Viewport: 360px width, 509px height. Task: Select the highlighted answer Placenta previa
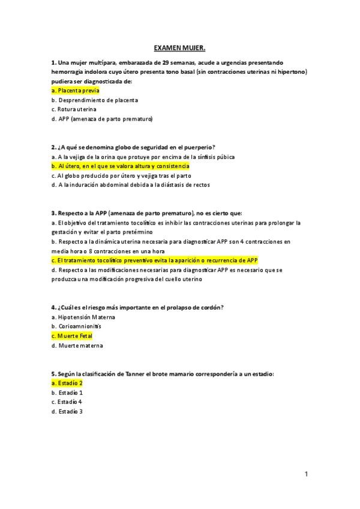coord(76,91)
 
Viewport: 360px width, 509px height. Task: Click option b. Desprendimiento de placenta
coord(95,100)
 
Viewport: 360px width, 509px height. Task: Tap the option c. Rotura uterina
coord(74,109)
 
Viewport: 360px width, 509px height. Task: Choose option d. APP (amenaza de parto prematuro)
coord(102,119)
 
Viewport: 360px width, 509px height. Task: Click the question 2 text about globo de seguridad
coord(134,147)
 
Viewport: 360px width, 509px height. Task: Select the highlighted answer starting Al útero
coord(121,166)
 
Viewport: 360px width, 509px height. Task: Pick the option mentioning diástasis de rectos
coord(131,184)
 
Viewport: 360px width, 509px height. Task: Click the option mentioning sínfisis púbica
coord(143,157)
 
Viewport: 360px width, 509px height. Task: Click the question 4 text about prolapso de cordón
coord(138,307)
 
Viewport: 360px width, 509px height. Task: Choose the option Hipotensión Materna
coord(83,317)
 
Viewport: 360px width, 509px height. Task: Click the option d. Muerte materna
coord(77,345)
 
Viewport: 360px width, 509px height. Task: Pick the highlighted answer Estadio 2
coord(67,382)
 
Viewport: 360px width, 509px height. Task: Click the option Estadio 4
coord(67,402)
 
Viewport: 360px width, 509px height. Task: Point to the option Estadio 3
coord(67,411)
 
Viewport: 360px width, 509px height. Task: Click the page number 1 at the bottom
coord(306,475)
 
